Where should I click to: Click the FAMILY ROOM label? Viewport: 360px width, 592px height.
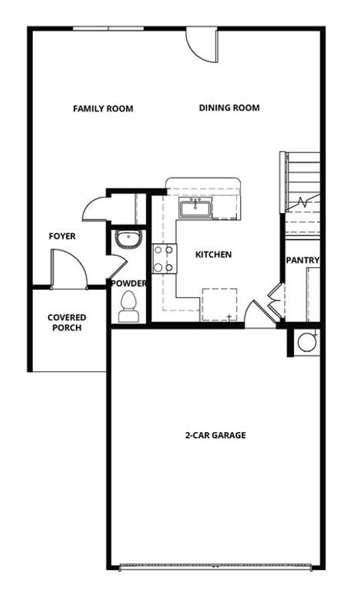coord(103,109)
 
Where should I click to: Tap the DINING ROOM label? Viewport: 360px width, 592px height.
coord(229,108)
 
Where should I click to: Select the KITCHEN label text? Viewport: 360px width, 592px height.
coord(213,255)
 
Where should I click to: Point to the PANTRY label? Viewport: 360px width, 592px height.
coord(303,261)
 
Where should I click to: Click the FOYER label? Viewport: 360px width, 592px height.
coord(62,236)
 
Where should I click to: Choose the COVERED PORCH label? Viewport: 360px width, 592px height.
coord(67,323)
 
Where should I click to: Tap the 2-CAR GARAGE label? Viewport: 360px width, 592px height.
coord(215,435)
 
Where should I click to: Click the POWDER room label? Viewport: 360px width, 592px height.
coord(128,284)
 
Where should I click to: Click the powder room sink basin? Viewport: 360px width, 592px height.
coord(127,239)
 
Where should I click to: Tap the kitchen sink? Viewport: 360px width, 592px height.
coord(196,207)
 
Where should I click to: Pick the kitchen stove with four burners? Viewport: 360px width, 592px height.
coord(164,259)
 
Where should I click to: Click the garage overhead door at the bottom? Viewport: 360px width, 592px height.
coord(215,565)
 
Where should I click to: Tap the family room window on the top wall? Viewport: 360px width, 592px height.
coord(109,29)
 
